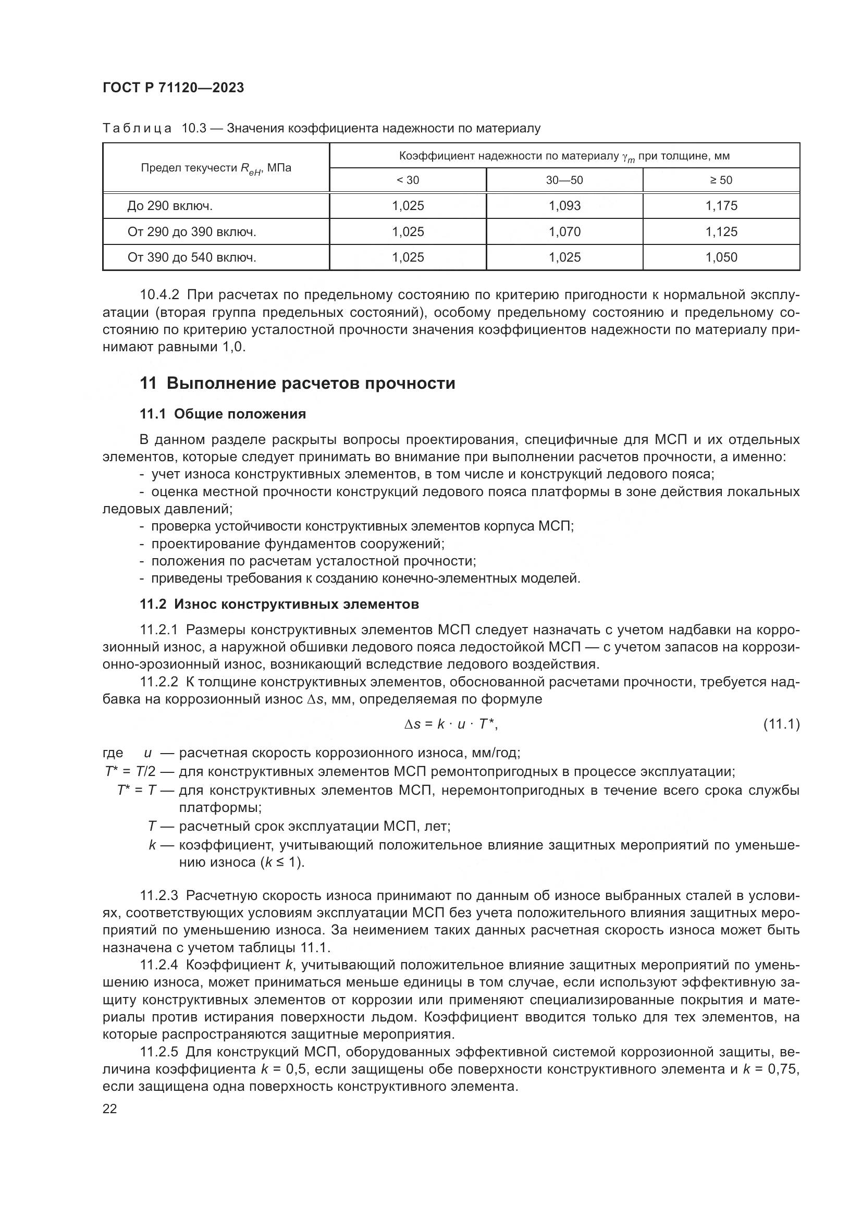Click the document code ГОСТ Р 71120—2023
(173, 88)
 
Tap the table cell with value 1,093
(564, 205)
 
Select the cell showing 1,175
(721, 205)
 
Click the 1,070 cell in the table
(564, 231)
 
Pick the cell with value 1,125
(721, 231)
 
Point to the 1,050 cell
(721, 257)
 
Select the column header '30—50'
(564, 180)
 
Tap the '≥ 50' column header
(721, 180)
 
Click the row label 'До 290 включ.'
(170, 205)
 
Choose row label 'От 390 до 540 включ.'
(192, 257)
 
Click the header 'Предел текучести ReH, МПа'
(216, 168)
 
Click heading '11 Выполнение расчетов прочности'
(297, 383)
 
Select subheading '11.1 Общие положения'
(223, 414)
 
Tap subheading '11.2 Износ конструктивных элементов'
(279, 604)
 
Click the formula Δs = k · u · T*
(451, 724)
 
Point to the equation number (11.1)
(781, 724)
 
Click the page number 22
(109, 1109)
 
